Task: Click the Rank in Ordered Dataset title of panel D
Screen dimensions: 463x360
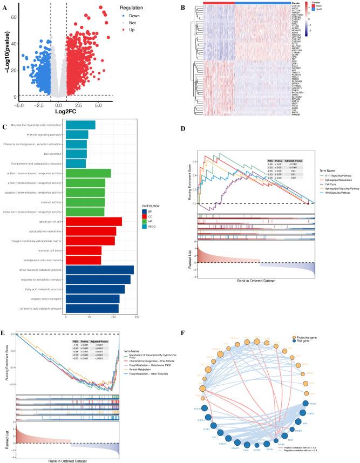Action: (252, 281)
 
